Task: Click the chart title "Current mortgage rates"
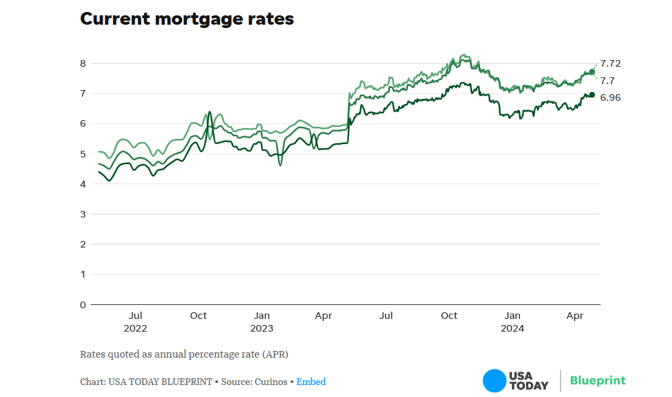coord(187,19)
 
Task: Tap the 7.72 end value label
coord(611,63)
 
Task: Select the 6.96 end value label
coord(611,97)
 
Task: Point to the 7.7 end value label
coord(607,81)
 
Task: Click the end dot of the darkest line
coord(591,95)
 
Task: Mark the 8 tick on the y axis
coord(83,63)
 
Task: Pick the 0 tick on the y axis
coord(83,305)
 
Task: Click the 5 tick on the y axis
coord(83,154)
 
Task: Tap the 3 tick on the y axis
coord(83,214)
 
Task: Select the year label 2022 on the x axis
coord(135,328)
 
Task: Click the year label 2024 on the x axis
coord(513,328)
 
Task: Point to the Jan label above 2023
coord(262,316)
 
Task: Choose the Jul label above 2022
coord(135,316)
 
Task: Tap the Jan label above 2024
coord(513,316)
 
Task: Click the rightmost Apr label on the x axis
coord(575,316)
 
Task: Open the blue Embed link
coord(311,382)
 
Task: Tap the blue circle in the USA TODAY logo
coord(494,381)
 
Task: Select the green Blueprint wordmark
coord(597,380)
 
